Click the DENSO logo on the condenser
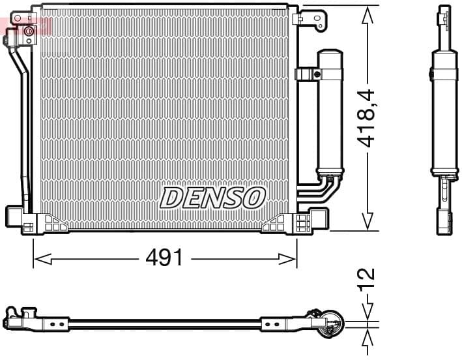[212, 197]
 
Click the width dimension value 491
[164, 258]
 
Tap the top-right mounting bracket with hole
[312, 17]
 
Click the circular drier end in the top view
[329, 323]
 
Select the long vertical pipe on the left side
[25, 130]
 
